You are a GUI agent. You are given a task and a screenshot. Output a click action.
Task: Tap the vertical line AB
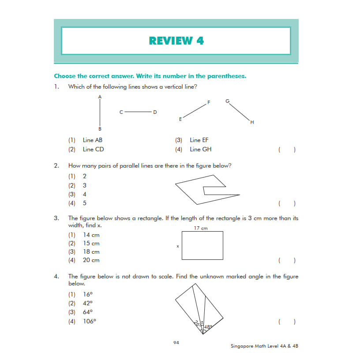tap(100, 112)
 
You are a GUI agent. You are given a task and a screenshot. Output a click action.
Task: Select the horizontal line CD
tap(138, 112)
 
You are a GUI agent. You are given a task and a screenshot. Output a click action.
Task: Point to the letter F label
tap(209, 102)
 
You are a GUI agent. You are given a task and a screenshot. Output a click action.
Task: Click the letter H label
tap(252, 122)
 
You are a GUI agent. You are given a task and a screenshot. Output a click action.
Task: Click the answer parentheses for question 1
tap(287, 150)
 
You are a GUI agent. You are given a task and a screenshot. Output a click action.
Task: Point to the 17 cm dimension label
tap(201, 228)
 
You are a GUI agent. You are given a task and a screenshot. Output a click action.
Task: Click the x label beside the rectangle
tap(178, 246)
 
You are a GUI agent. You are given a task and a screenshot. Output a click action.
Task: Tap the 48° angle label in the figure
tap(208, 327)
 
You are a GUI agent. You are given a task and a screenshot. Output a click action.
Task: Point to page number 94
tap(176, 342)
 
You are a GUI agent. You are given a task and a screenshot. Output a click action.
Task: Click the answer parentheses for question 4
tap(287, 322)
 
